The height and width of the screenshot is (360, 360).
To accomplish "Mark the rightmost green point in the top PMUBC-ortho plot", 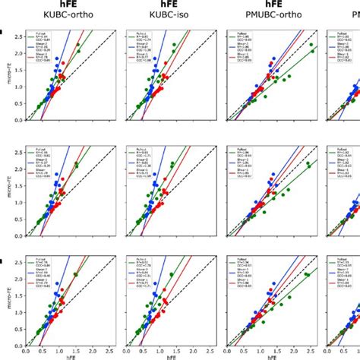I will [x=311, y=46].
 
